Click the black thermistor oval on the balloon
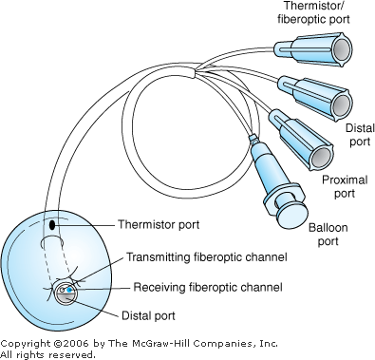(52, 225)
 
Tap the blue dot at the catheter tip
(69, 290)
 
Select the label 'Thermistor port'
(159, 224)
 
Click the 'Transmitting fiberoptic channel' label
(207, 256)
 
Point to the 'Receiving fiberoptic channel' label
(208, 287)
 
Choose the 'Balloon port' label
(328, 235)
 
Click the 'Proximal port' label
(345, 186)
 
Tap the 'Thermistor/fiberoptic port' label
(313, 12)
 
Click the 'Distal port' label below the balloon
(148, 315)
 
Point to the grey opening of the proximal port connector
(322, 157)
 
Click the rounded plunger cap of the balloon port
(292, 214)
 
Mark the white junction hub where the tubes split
(189, 71)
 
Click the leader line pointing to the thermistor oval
(84, 225)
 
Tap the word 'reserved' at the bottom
(71, 354)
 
